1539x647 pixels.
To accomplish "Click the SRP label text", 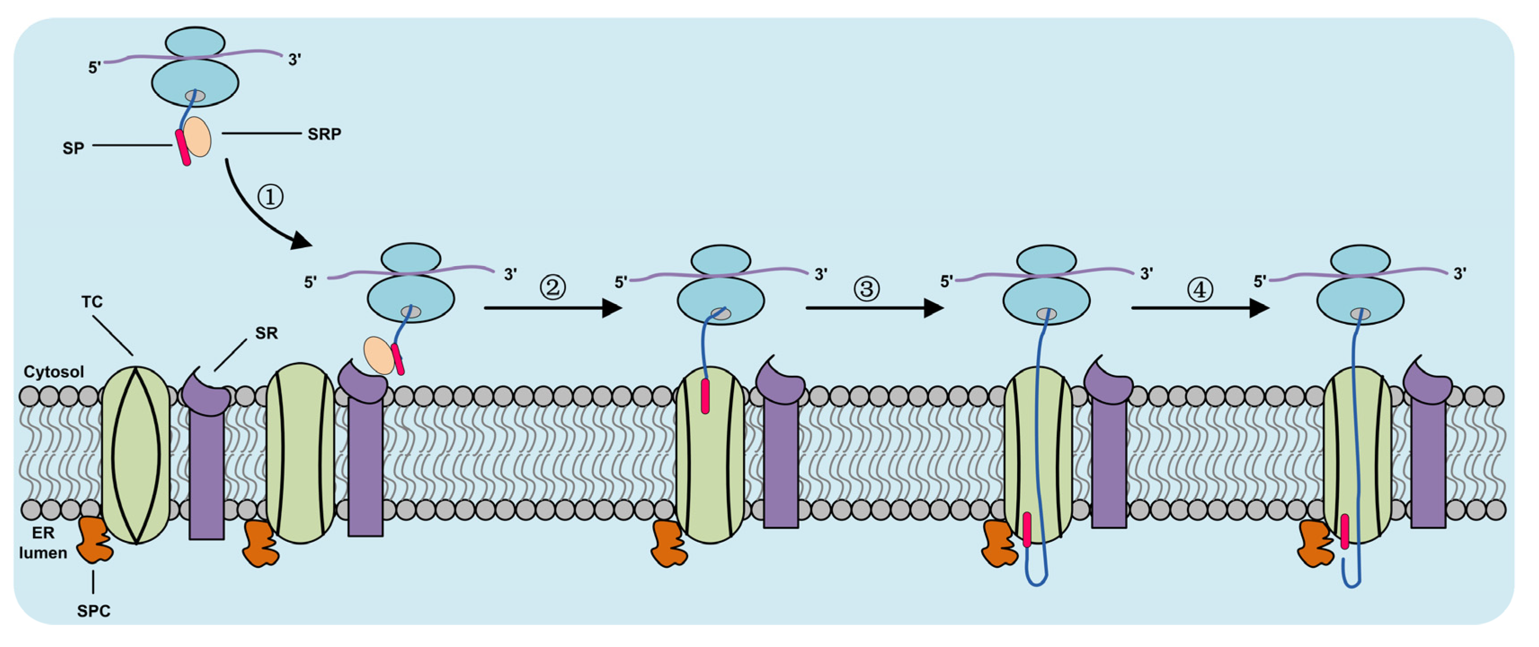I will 325,134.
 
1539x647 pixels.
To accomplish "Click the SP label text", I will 73,148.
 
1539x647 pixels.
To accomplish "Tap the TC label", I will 92,302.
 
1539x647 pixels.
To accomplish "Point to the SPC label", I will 94,611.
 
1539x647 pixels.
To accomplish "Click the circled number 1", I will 270,196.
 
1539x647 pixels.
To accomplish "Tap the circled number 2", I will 553,287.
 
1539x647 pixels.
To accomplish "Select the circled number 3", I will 866,289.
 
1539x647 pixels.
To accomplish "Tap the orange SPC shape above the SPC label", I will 94,540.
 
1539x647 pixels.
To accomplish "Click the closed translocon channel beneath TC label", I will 136,455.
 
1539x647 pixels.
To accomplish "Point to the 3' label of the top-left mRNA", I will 294,60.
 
